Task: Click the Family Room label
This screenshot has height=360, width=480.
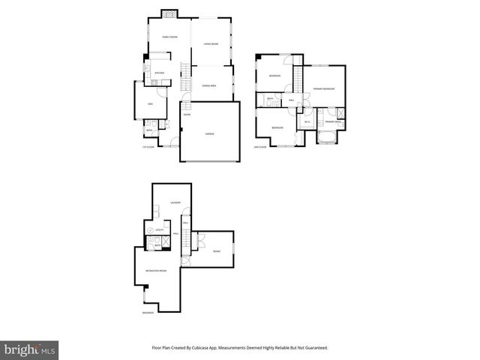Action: (x=169, y=37)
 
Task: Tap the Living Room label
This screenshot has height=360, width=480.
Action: (x=211, y=44)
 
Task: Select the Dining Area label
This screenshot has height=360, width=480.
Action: (x=210, y=87)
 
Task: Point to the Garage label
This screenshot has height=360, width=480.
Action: (x=210, y=133)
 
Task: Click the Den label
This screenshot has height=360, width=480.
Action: (x=150, y=103)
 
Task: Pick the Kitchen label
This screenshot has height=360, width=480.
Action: (x=159, y=73)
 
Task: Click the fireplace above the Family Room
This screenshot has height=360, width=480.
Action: (x=170, y=13)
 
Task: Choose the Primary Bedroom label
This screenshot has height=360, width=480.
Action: (x=323, y=89)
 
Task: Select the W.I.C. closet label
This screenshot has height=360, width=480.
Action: (x=307, y=121)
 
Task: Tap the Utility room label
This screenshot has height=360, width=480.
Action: (x=160, y=229)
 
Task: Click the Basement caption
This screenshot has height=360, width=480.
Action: (x=148, y=313)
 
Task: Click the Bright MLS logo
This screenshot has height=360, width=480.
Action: (x=30, y=349)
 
